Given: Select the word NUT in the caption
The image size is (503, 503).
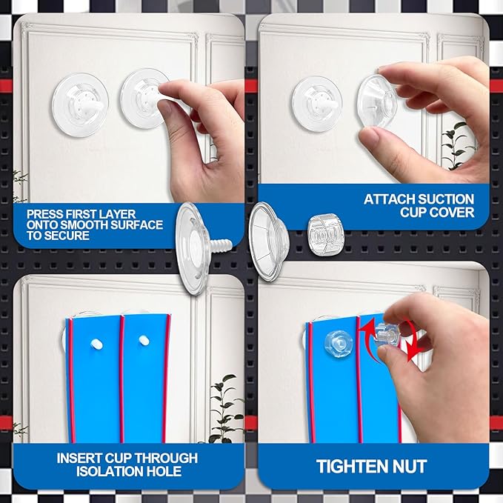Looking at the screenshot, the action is coord(409,466).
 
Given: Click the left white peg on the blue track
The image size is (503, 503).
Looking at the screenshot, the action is coord(96,344).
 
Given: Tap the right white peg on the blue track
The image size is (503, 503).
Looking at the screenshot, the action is coord(144,340).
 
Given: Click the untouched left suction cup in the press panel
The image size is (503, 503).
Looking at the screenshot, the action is coord(80,105).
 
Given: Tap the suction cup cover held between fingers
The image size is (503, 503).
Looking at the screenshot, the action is coord(378,101).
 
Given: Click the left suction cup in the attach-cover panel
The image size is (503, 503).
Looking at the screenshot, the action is coord(317,104).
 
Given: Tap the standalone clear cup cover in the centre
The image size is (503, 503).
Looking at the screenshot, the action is coord(269,242).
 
